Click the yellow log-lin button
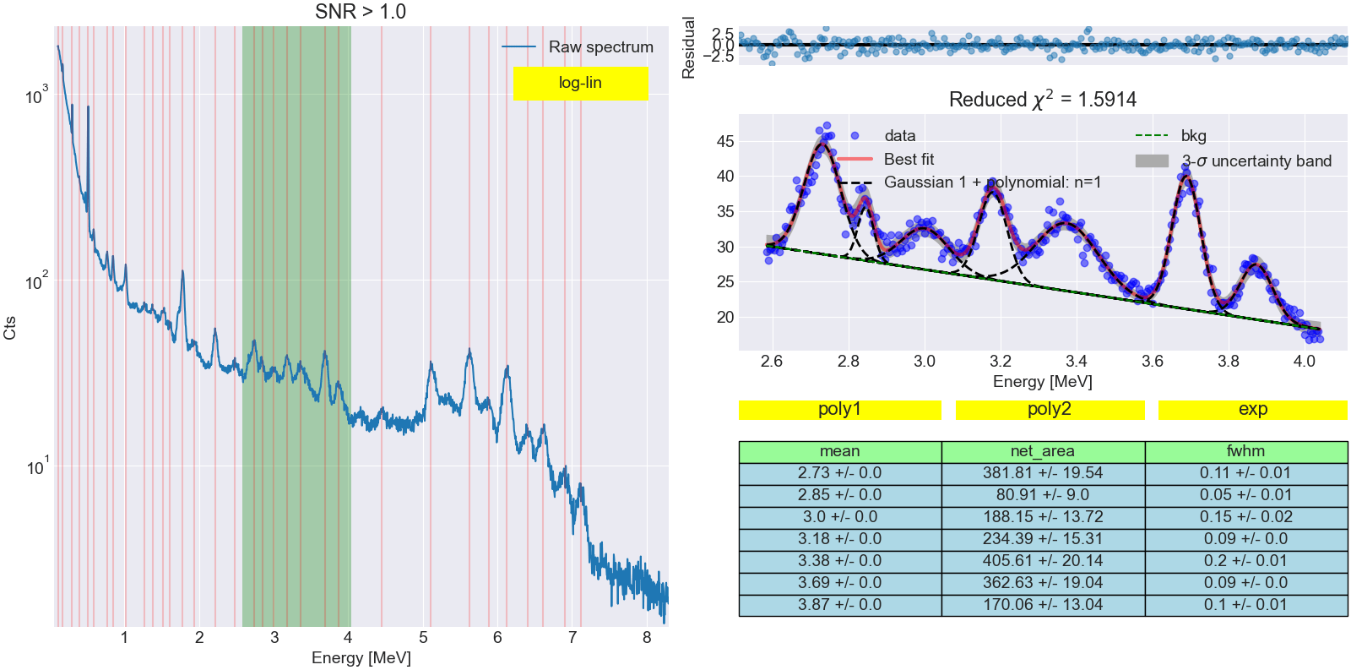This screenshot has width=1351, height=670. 580,83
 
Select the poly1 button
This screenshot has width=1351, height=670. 839,409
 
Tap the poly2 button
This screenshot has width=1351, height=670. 1049,409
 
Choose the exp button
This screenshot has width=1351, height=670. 1252,409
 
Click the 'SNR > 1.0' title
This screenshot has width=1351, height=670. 361,12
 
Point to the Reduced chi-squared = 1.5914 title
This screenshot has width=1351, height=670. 1042,100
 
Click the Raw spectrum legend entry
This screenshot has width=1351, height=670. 600,47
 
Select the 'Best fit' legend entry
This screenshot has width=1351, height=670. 909,159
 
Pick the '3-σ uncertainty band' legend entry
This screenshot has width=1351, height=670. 1256,161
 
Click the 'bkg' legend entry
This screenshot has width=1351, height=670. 1193,135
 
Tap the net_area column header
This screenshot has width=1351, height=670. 1043,451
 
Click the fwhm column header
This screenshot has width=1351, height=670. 1245,451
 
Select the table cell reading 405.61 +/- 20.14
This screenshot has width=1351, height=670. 1043,561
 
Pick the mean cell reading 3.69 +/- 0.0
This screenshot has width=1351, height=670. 839,583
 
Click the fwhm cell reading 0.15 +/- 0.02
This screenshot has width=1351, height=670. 1245,517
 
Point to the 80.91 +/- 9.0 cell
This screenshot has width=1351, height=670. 1043,495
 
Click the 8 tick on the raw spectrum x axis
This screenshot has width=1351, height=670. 647,638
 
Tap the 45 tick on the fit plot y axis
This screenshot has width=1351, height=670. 725,141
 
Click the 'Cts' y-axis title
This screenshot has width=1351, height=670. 10,328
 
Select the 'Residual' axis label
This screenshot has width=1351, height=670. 689,47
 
